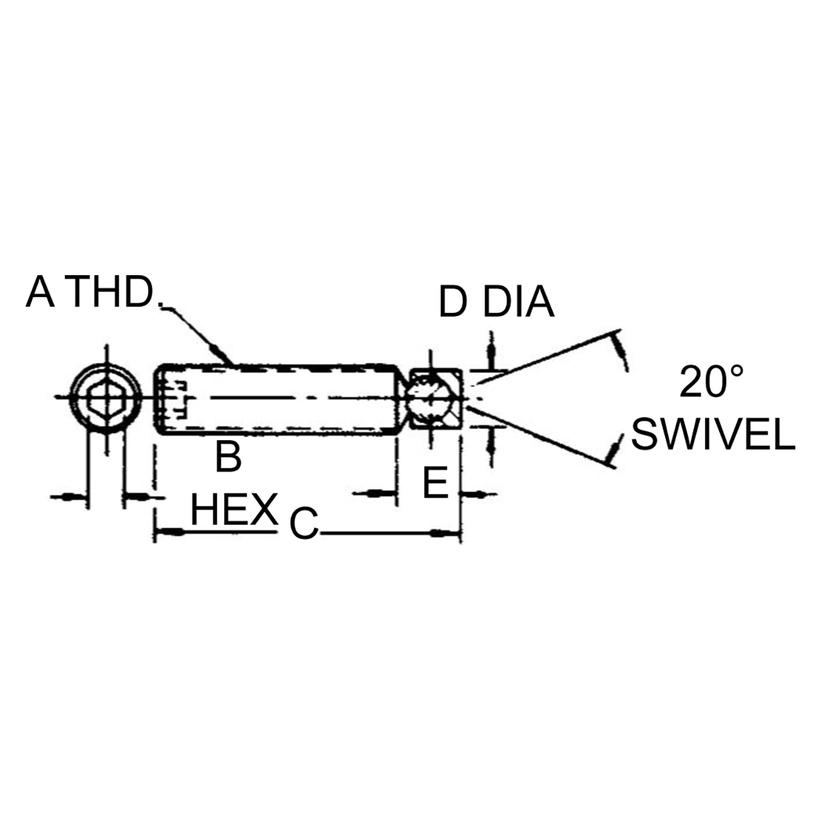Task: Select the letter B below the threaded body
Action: (228, 457)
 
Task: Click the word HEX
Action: (234, 511)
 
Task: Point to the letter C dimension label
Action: (303, 524)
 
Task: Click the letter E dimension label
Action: (435, 483)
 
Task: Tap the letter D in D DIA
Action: (453, 302)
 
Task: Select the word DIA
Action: (518, 302)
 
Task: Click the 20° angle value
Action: (712, 383)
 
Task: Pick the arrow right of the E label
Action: (475, 494)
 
